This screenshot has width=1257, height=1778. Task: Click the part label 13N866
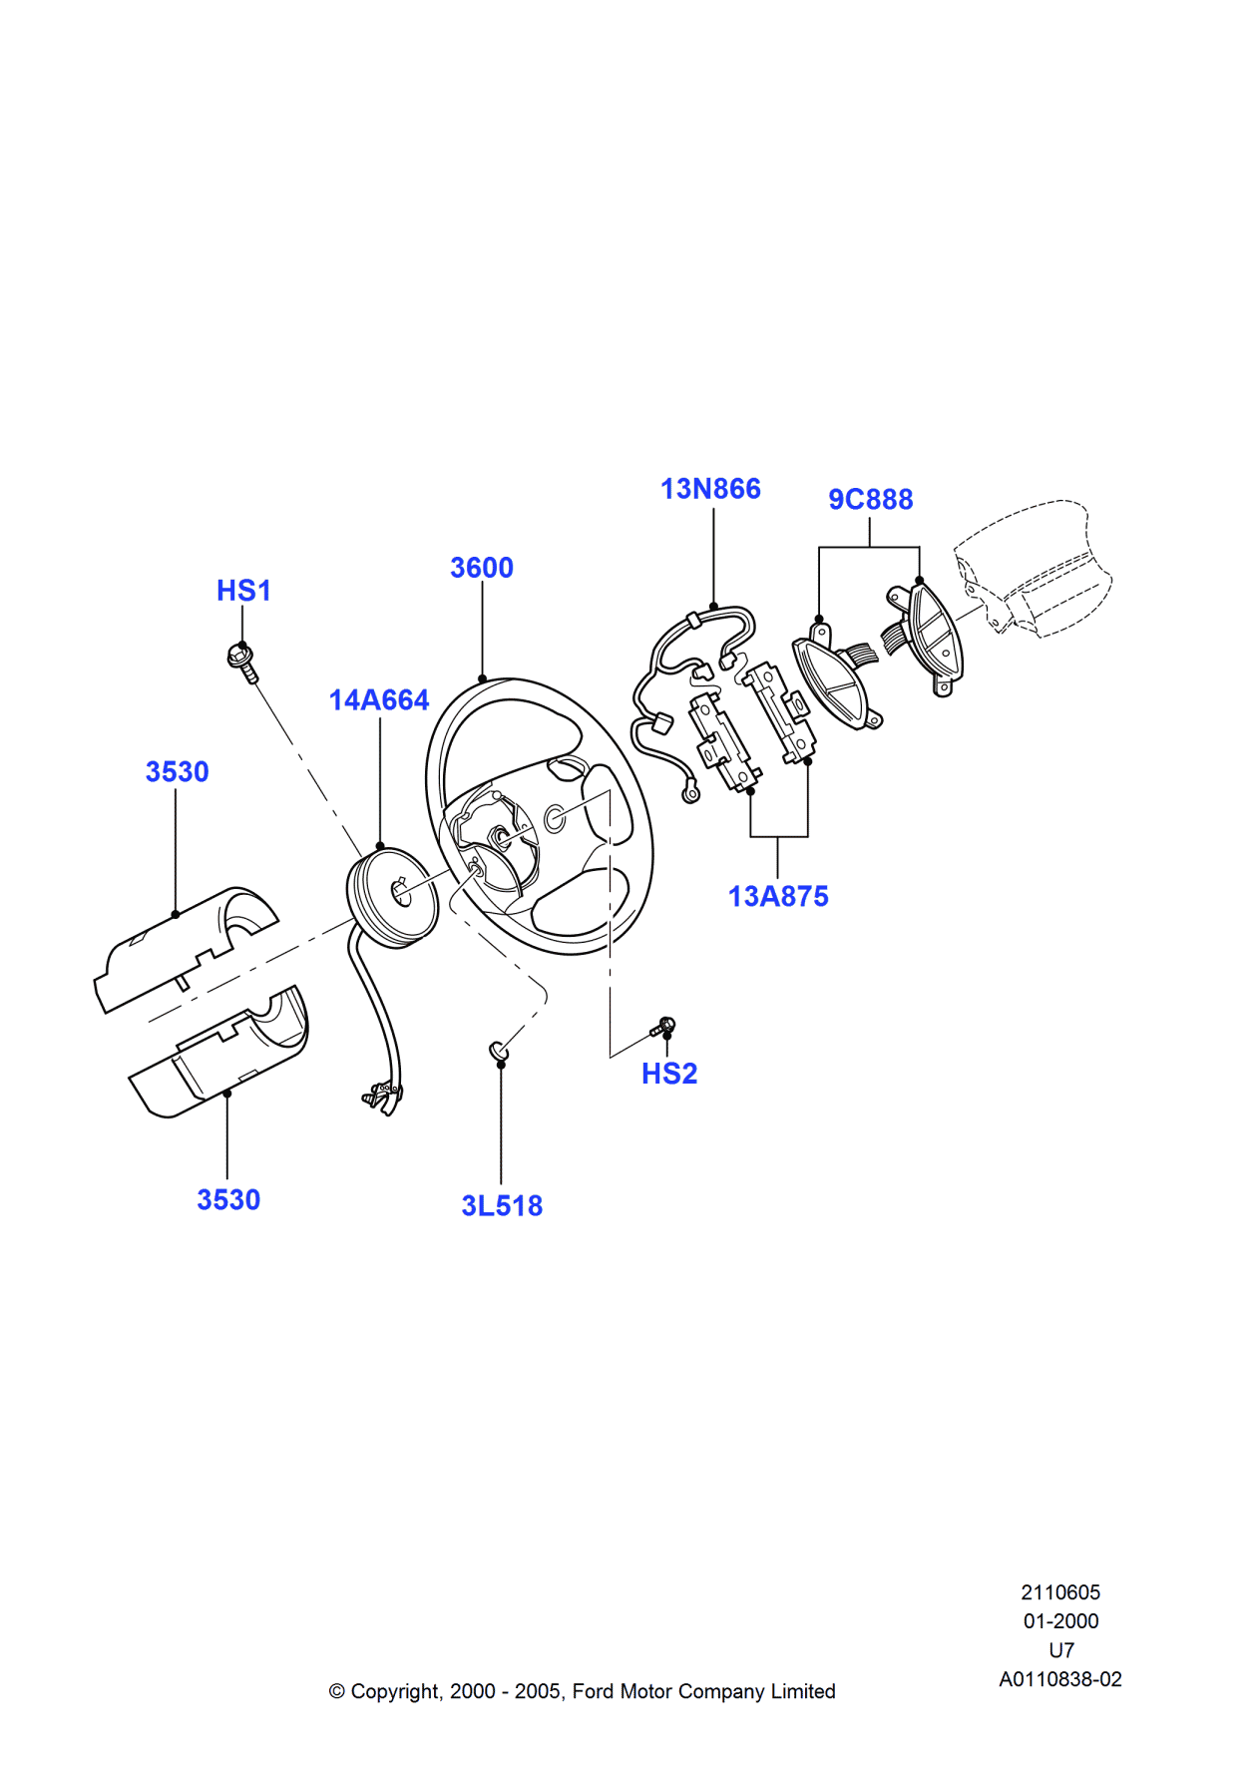pos(710,489)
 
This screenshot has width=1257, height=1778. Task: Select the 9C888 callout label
pos(870,499)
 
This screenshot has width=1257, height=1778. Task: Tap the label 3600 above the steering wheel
pos(481,568)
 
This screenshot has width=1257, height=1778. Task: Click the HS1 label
pos(243,591)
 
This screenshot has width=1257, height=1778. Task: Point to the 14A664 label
pos(379,700)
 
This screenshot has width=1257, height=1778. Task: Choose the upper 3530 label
pos(177,772)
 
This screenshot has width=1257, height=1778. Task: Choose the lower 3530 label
pos(228,1199)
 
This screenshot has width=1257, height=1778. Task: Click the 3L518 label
pos(502,1205)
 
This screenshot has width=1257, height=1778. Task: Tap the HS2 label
pos(668,1074)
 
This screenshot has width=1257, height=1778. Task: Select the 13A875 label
pos(778,896)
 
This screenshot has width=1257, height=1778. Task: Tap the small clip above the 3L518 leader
pos(498,1051)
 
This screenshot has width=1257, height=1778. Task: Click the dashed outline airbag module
pos(1033,569)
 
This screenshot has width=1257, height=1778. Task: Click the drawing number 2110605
pos(1059,1592)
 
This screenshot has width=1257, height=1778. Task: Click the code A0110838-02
pos(1059,1679)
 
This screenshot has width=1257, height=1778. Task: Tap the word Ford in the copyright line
pos(593,1691)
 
